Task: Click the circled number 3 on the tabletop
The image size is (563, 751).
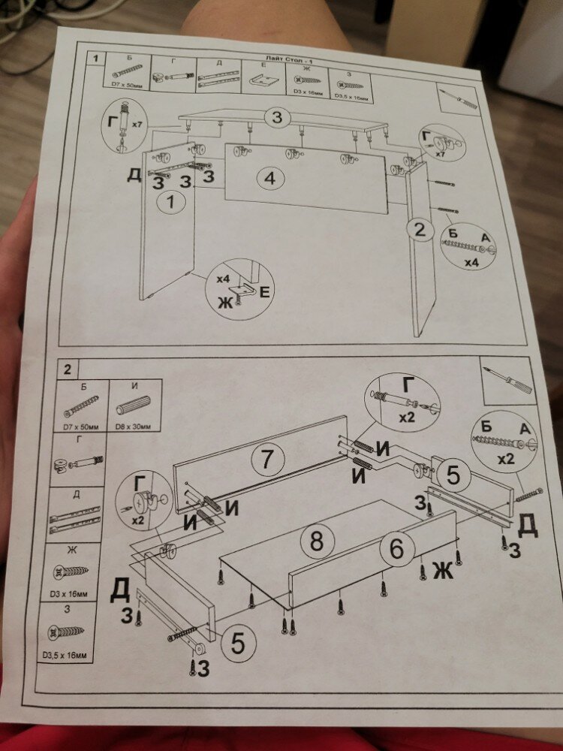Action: pyautogui.click(x=277, y=117)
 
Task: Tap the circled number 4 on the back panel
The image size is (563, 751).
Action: pyautogui.click(x=270, y=179)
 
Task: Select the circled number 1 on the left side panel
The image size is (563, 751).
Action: pyautogui.click(x=173, y=201)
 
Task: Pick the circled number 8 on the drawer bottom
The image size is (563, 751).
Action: pyautogui.click(x=317, y=541)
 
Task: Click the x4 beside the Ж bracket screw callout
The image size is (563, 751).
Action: pyautogui.click(x=223, y=279)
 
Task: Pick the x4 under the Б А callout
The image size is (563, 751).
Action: pyautogui.click(x=471, y=263)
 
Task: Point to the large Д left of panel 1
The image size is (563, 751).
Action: pyautogui.click(x=134, y=176)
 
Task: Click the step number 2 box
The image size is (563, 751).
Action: pyautogui.click(x=68, y=369)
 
